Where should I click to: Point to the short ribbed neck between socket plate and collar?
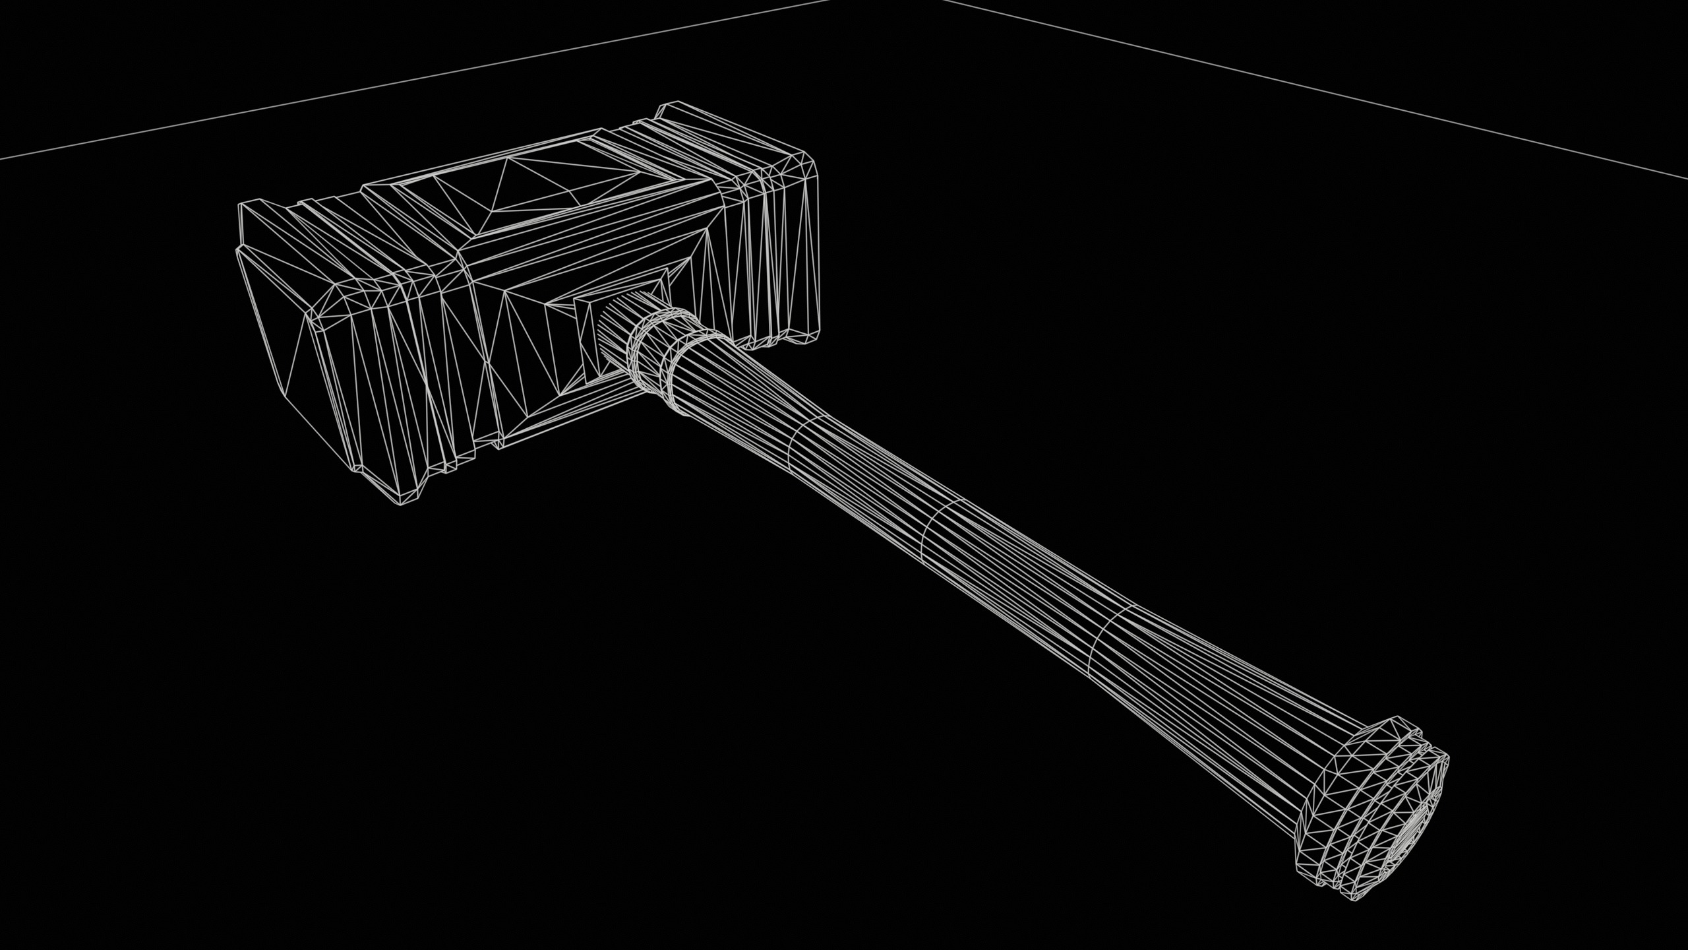[617, 330]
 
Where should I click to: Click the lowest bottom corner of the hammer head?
[400, 506]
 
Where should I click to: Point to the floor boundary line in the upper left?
[330, 92]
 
